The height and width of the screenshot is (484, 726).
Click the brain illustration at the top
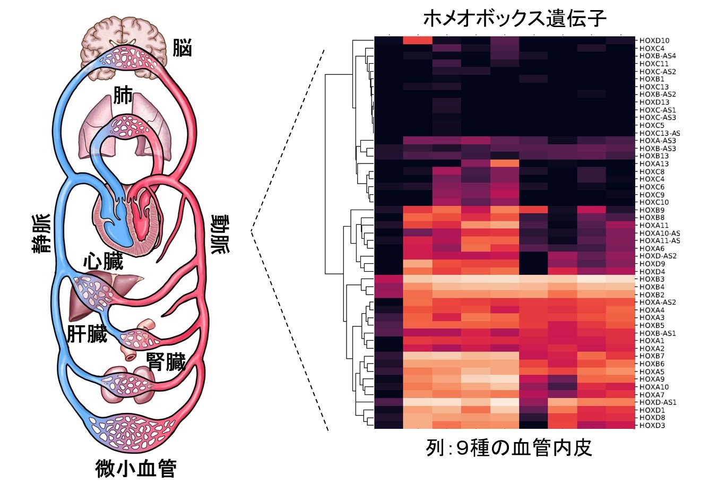point(124,49)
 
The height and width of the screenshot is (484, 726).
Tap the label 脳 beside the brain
point(182,48)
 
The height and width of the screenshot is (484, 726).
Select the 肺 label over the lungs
point(123,95)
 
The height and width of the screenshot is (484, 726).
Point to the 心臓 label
point(103,261)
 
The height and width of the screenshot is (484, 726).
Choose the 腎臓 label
point(166,361)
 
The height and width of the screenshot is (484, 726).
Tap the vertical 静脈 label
point(41,233)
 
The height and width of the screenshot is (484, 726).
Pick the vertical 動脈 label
point(220,234)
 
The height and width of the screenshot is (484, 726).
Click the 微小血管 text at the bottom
point(136,468)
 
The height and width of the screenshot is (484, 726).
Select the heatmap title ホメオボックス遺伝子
point(515,18)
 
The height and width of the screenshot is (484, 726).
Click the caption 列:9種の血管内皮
point(509,448)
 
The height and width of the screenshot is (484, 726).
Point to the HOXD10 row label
point(654,40)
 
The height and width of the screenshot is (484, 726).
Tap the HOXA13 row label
point(654,163)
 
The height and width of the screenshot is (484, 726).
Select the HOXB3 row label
point(652,279)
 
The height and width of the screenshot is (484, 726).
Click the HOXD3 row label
point(652,425)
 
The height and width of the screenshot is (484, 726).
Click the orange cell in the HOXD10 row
point(418,40)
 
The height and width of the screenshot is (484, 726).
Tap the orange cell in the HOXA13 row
point(505,163)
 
